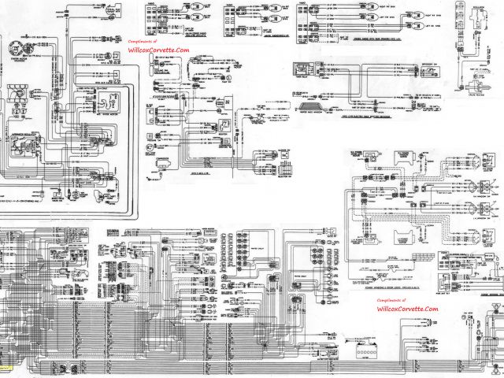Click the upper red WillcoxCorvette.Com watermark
tap(158, 49)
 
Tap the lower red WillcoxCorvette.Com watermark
tap(407, 309)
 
